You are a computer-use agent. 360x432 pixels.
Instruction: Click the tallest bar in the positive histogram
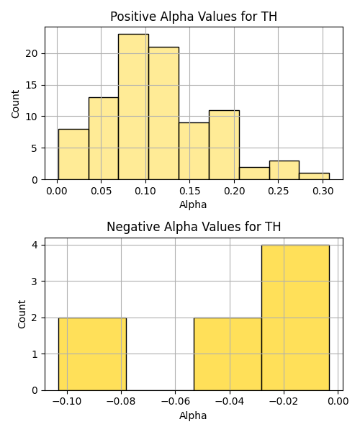pos(134,107)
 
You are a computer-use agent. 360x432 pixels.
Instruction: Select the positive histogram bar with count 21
pos(163,113)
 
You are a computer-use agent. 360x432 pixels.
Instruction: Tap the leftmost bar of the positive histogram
pos(73,154)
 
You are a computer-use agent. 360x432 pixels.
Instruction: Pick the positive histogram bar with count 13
pos(104,138)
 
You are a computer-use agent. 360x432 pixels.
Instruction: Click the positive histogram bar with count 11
pos(224,145)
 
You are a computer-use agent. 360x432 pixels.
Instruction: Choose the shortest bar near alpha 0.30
pos(314,176)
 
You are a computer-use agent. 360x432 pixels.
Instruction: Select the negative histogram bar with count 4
pos(295,318)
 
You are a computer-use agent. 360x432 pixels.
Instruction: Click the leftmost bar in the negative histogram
pos(92,354)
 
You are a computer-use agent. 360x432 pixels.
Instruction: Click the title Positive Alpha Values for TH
pos(194,17)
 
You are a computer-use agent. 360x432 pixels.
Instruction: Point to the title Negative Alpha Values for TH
pos(194,227)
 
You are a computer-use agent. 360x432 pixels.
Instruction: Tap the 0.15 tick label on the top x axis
pos(189,191)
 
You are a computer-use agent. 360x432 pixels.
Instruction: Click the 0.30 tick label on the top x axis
pos(323,191)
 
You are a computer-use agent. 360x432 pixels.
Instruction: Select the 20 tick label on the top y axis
pos(32,53)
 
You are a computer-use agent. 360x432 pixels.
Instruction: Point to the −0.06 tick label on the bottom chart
pos(176,402)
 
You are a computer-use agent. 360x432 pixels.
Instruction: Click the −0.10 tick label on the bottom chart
pos(67,402)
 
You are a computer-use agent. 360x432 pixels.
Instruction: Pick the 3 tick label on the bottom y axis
pos(35,282)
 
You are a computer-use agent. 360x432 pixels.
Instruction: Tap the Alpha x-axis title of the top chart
pos(193,204)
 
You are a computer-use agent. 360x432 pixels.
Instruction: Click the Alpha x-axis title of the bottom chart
pos(193,415)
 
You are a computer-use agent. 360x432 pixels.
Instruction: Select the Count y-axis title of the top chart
pos(15,104)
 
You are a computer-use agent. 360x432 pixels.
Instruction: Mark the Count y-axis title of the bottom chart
pos(22,314)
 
